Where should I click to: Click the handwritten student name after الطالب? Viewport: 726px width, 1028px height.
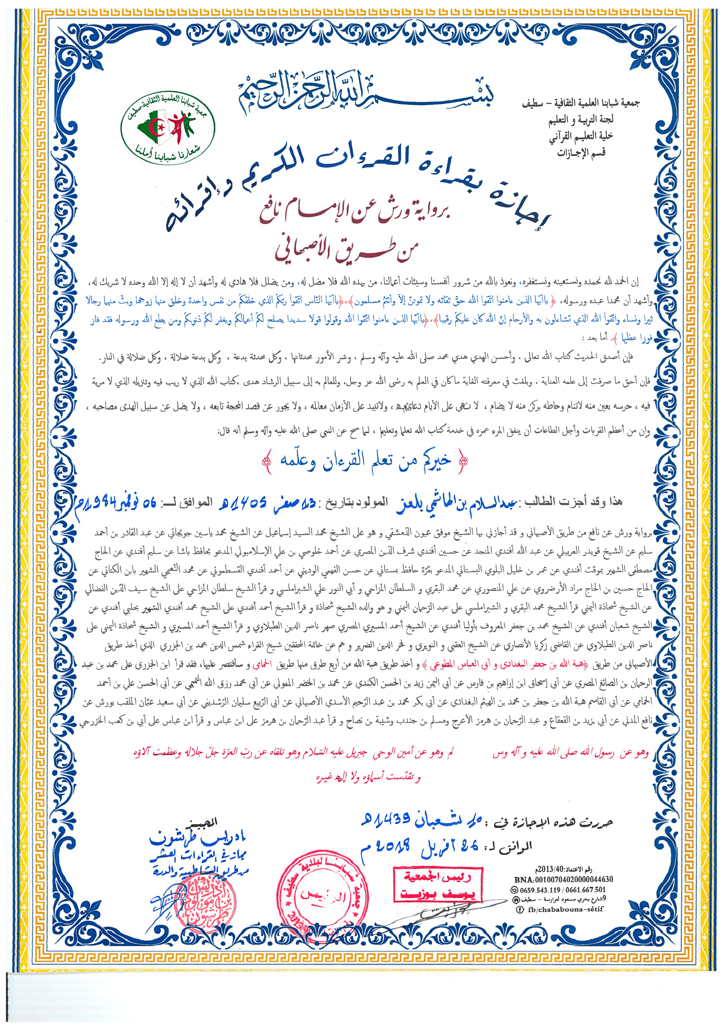point(456,502)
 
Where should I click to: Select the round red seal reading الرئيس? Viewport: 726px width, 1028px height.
point(322,895)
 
